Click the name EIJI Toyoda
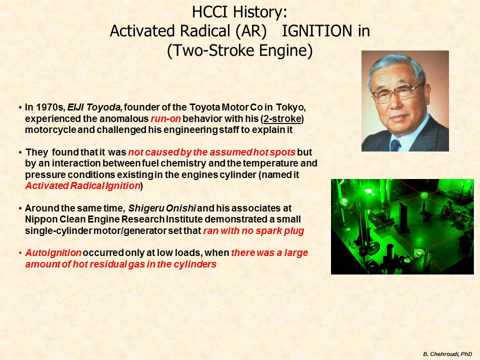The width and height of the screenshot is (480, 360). click(93, 107)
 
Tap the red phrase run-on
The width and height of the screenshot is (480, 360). click(165, 119)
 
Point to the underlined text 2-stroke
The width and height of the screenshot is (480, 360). click(282, 119)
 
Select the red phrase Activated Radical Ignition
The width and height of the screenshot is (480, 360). click(83, 186)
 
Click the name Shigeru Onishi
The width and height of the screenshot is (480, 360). click(162, 208)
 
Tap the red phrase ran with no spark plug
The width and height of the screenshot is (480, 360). click(253, 231)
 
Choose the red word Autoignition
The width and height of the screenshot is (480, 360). click(53, 253)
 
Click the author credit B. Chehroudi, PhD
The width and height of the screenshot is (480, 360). click(447, 354)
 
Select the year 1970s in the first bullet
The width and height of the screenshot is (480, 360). click(49, 107)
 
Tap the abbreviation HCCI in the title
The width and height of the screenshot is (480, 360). click(210, 12)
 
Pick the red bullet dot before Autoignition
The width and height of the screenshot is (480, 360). click(20, 253)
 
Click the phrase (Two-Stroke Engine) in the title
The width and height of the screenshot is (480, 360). click(239, 50)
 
